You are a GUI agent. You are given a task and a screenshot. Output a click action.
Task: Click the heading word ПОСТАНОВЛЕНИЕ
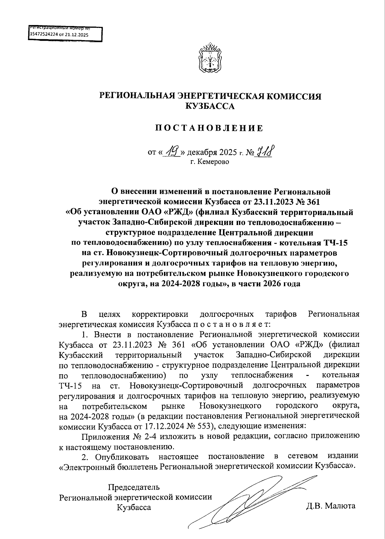(x=209, y=128)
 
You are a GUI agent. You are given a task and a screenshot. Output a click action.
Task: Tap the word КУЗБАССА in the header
(x=210, y=106)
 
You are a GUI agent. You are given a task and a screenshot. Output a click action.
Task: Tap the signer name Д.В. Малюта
(x=331, y=506)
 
